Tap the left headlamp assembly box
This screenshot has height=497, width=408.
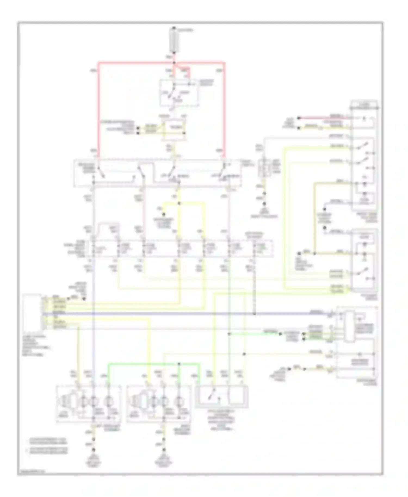88,403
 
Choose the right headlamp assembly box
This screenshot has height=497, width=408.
159,403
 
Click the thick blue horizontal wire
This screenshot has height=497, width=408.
190,314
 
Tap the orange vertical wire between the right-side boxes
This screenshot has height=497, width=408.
314,218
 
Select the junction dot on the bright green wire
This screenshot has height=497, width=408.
179,364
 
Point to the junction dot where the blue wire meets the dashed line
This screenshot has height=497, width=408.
254,314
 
